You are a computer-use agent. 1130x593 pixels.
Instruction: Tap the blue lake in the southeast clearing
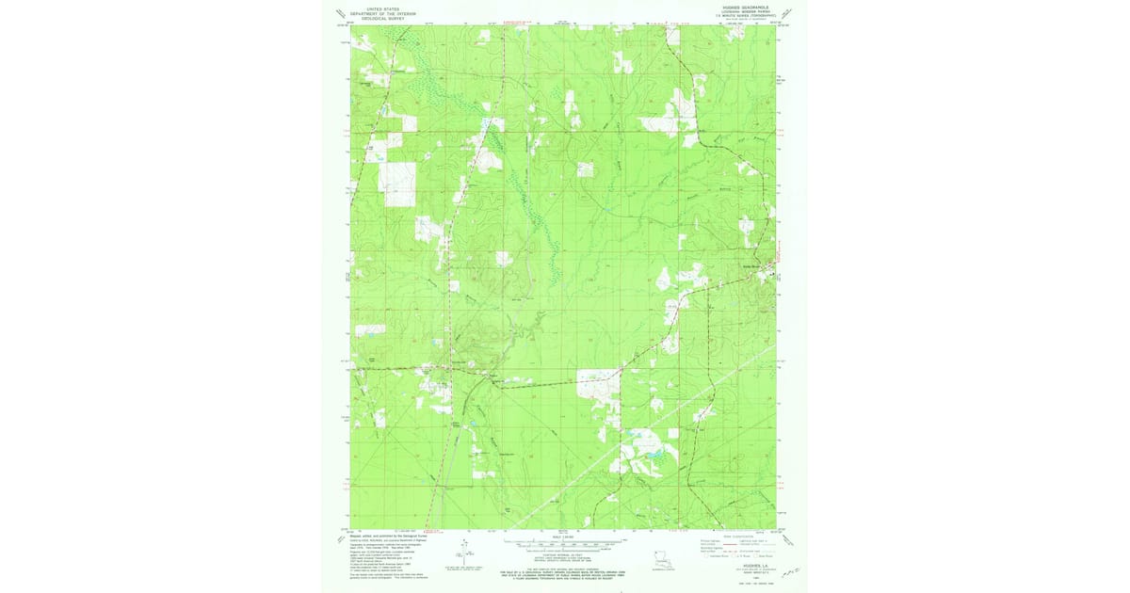[x=651, y=460]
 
